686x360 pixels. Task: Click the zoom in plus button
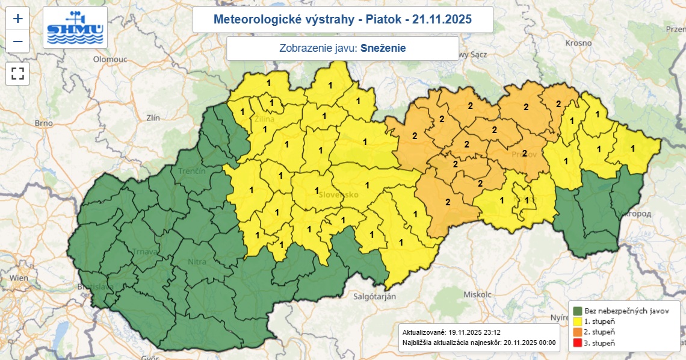[18, 19]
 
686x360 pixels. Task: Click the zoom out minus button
[18, 42]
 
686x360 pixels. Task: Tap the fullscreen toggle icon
[18, 74]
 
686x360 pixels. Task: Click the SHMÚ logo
[75, 28]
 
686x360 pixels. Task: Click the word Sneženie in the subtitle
[383, 48]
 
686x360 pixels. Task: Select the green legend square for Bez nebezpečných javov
[578, 311]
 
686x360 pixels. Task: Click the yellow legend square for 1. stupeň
[578, 321]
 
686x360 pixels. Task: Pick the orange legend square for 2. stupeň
[578, 332]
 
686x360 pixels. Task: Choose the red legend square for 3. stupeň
[578, 343]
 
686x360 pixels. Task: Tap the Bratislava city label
[95, 287]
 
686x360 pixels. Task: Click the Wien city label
[19, 278]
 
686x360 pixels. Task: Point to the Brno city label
[44, 123]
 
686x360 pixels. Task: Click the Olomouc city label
[110, 60]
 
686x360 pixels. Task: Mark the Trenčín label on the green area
[192, 172]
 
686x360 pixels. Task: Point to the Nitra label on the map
[197, 262]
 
